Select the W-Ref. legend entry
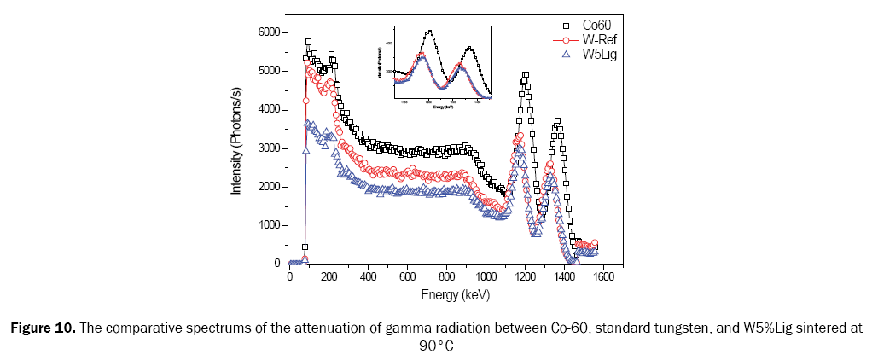click(596, 40)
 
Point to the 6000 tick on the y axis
click(266, 32)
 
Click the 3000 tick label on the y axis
click(266, 148)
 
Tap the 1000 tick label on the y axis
click(266, 225)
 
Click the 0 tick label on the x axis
click(289, 277)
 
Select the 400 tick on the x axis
click(368, 277)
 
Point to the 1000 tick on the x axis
click(486, 277)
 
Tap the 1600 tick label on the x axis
click(604, 277)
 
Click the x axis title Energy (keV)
click(455, 295)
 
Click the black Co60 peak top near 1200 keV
click(526, 75)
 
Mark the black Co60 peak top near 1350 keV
click(557, 121)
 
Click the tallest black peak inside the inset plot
click(429, 31)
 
